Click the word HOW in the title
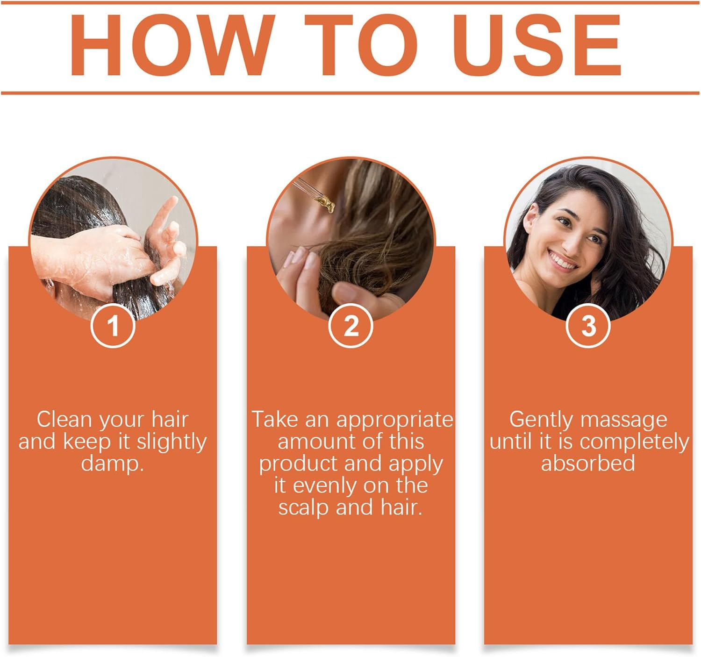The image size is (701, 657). (173, 45)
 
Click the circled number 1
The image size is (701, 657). (113, 326)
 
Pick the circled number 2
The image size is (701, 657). (350, 326)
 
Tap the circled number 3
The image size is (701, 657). (588, 326)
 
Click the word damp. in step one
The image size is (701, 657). (113, 464)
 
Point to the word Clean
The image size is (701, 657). (64, 420)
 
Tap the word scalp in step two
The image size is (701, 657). (304, 507)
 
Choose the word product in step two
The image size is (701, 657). (299, 464)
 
